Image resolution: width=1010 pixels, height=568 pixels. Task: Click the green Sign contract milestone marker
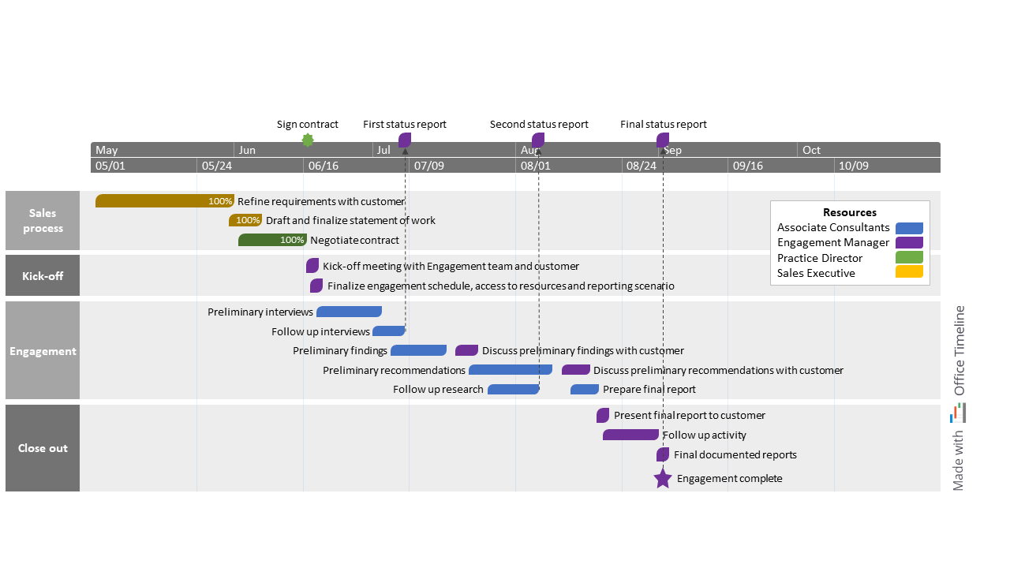[308, 140]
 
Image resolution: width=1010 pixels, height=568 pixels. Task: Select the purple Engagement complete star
[663, 478]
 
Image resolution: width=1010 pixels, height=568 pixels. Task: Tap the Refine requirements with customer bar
[164, 201]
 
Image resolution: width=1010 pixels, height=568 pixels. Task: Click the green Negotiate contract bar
[272, 240]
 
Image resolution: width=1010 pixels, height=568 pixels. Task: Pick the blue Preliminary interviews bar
[349, 312]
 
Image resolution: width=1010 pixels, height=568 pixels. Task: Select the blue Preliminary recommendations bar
[510, 370]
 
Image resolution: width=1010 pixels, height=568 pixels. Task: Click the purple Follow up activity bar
[630, 435]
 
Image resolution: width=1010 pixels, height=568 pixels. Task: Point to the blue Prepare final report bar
[585, 389]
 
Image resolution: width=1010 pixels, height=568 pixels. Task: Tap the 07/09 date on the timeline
[428, 166]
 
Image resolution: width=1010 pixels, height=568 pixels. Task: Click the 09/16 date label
[747, 166]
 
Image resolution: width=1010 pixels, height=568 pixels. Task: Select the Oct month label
[811, 150]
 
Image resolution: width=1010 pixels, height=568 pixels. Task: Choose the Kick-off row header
[43, 276]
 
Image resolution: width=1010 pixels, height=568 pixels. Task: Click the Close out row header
[43, 448]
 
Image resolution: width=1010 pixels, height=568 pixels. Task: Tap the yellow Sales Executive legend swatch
[909, 273]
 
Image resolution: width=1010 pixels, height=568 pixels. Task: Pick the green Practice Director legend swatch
[909, 258]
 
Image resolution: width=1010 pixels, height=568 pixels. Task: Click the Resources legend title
[849, 212]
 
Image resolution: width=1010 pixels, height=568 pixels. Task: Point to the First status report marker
[405, 140]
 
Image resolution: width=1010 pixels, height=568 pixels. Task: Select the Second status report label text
[539, 125]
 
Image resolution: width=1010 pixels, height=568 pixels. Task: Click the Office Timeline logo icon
[959, 413]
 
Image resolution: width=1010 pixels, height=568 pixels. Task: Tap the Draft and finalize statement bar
[245, 220]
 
